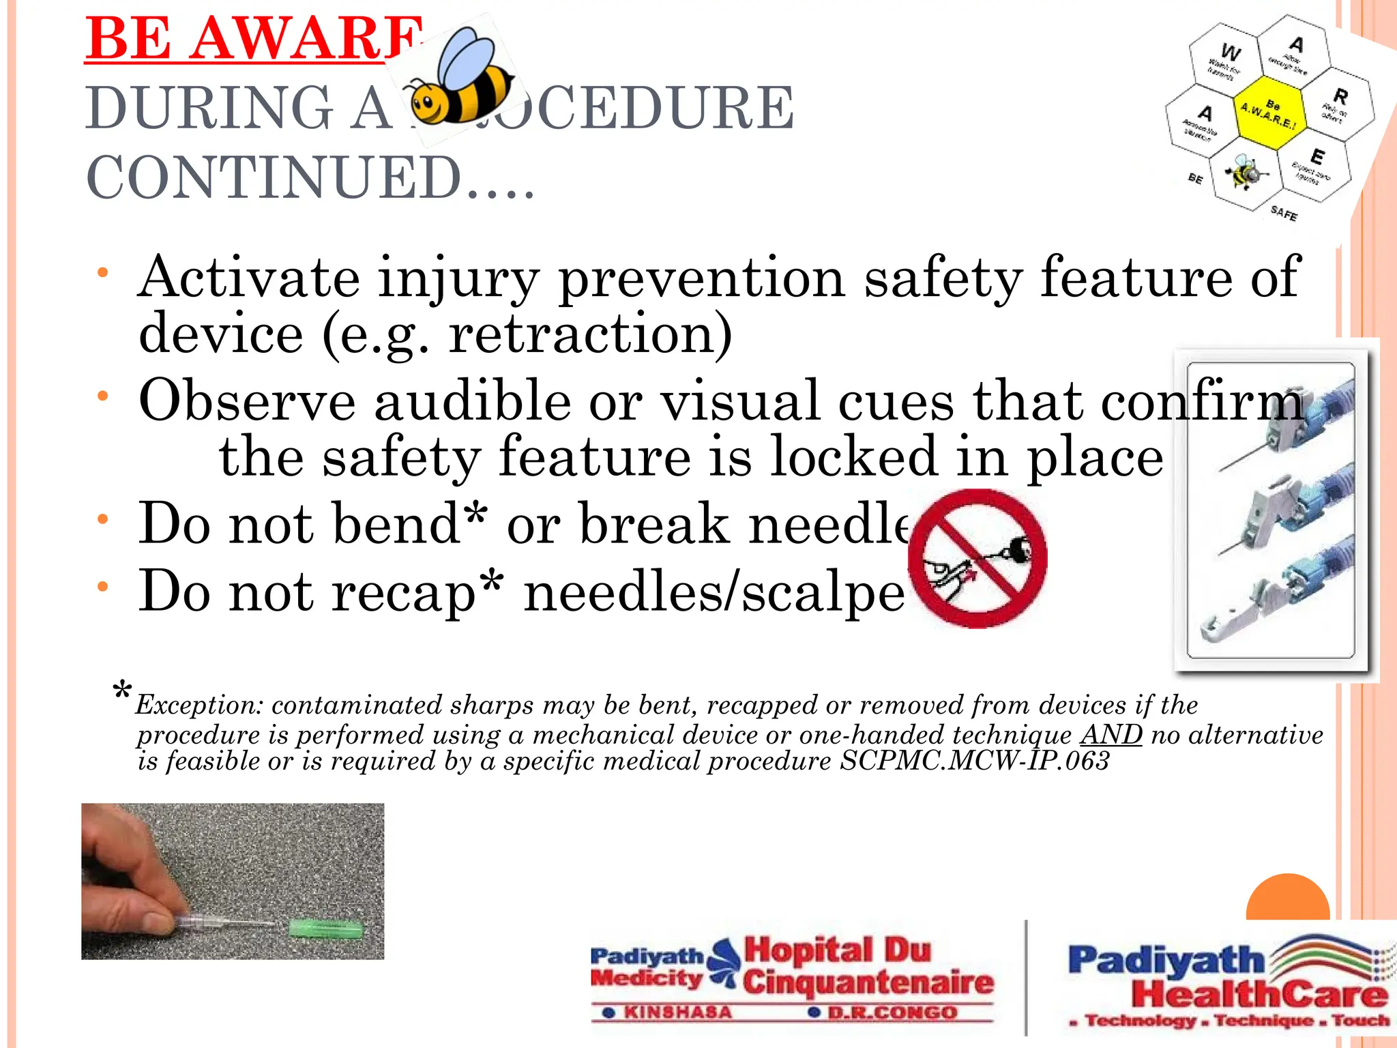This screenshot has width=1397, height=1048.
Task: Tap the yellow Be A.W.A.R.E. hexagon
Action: [x=1269, y=113]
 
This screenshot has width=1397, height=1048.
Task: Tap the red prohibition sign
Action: [x=977, y=558]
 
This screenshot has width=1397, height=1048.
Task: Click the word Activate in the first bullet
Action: [x=249, y=277]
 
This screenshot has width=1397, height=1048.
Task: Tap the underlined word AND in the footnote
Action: [x=1111, y=735]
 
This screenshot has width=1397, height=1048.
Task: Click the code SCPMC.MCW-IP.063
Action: [x=974, y=761]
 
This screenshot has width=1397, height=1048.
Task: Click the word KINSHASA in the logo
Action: [x=677, y=1013]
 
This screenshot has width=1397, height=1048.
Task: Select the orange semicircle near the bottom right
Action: [x=1288, y=899]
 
